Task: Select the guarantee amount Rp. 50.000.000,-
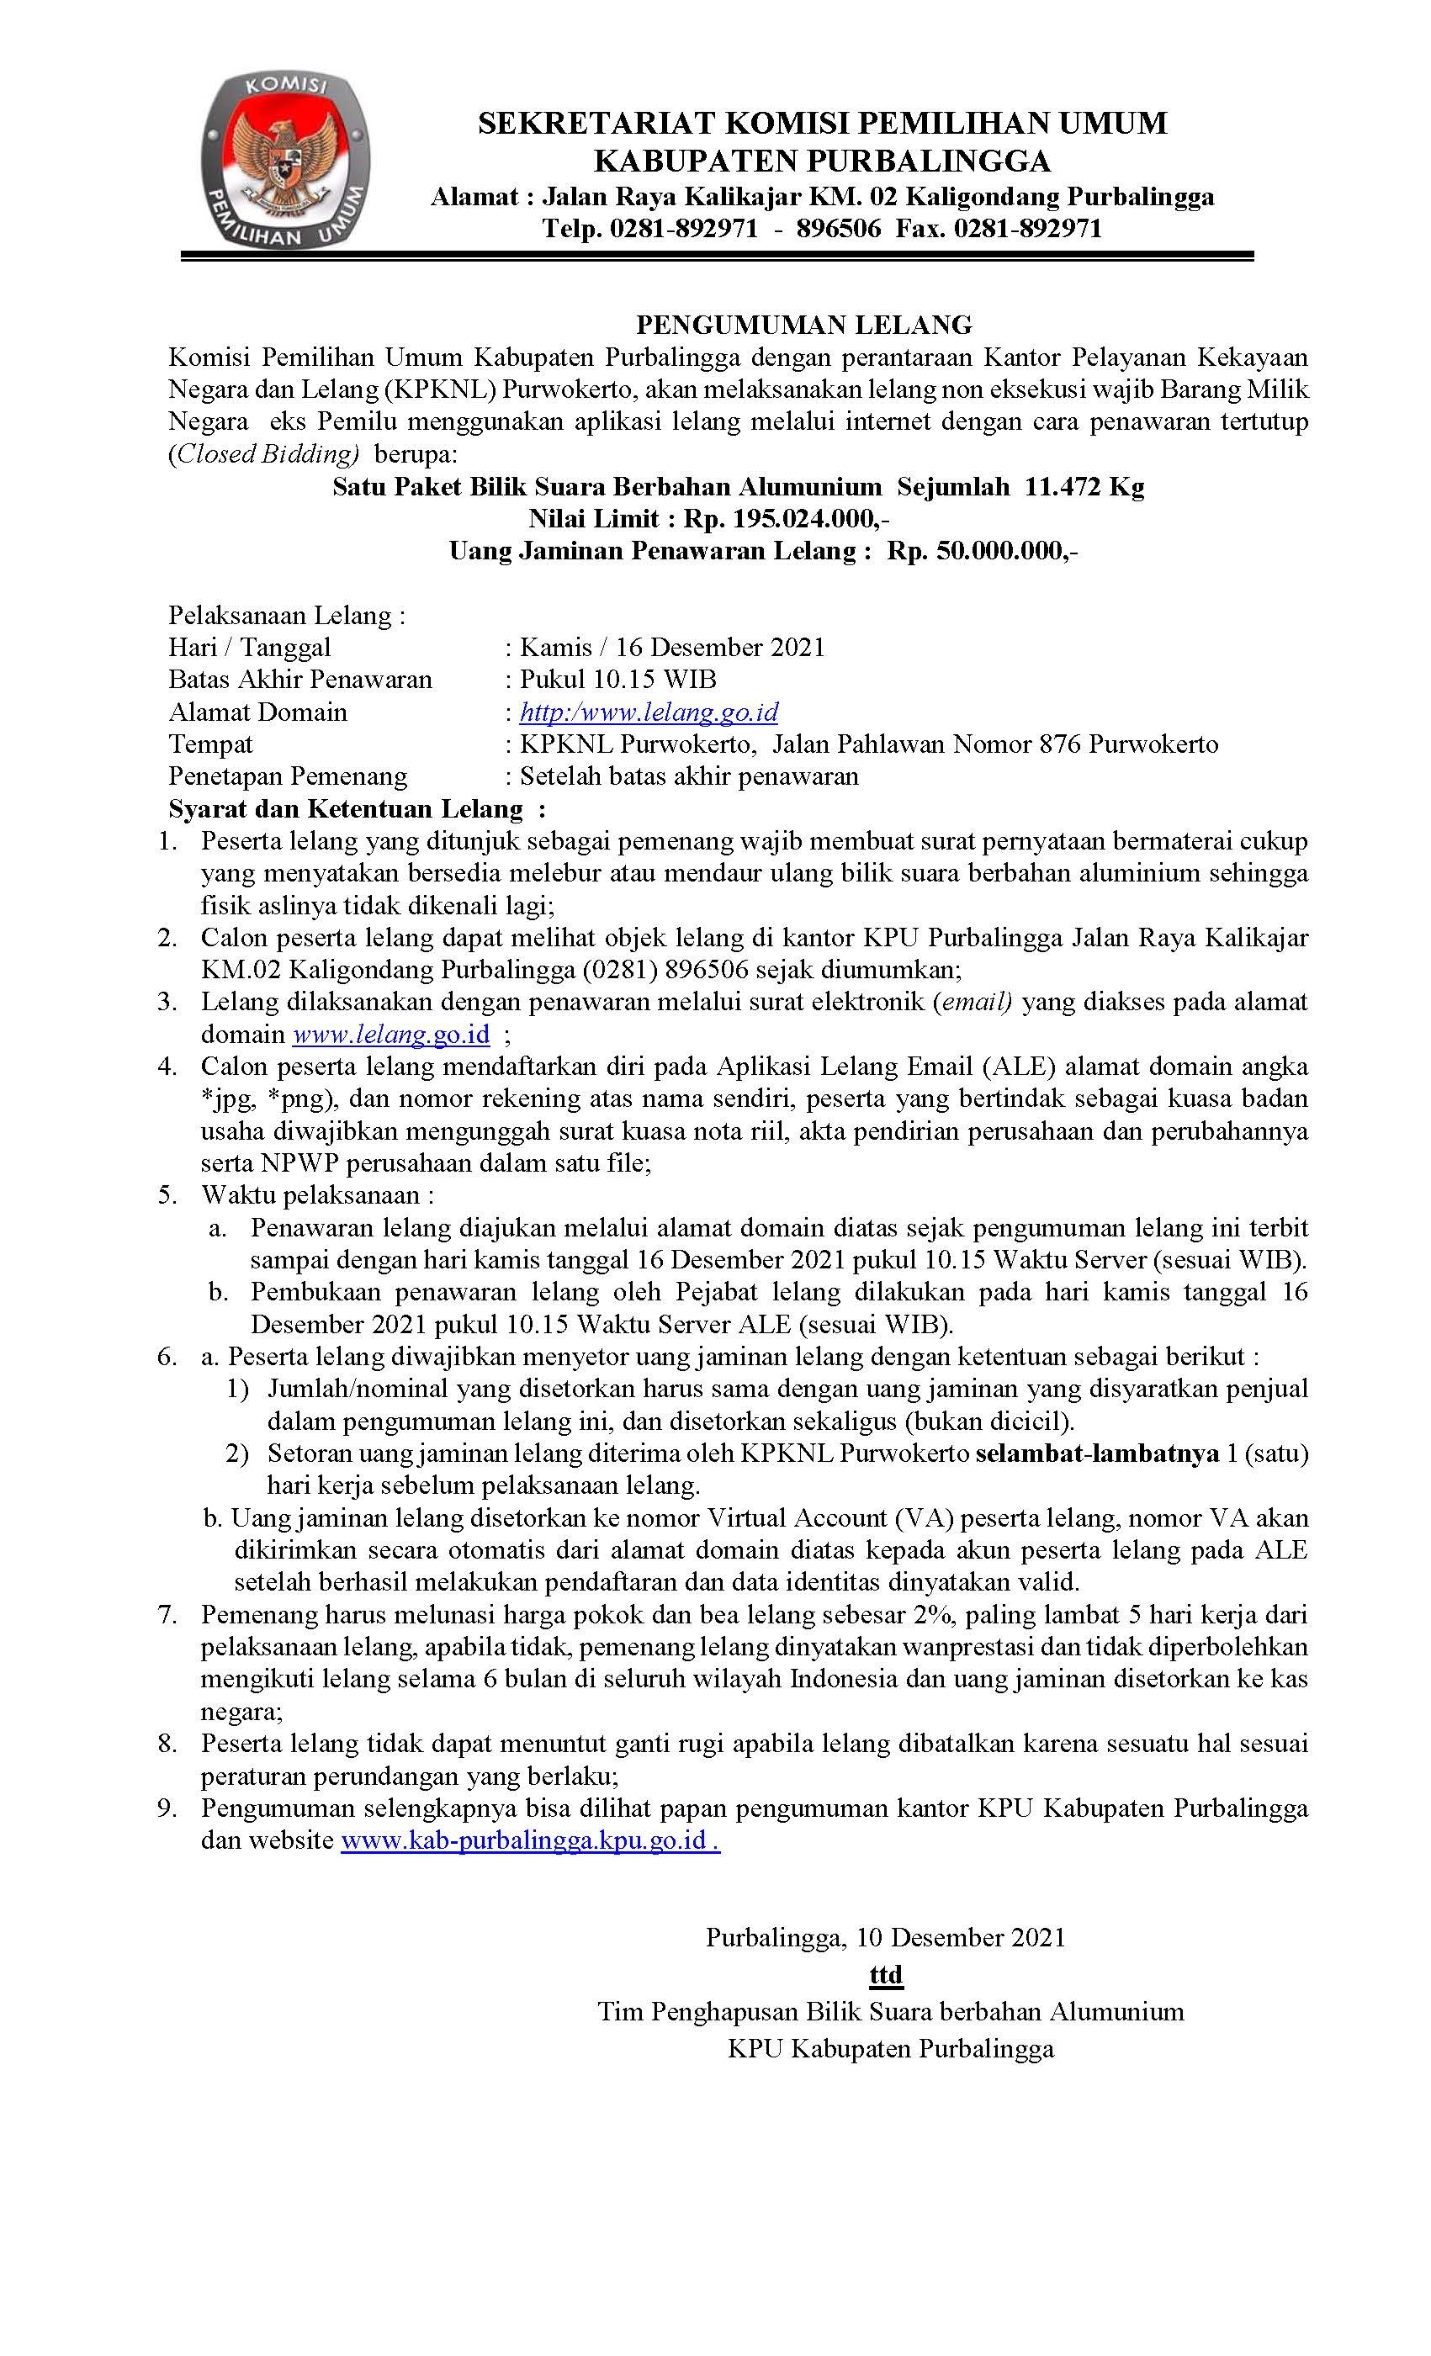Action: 983,551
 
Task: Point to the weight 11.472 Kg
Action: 1084,487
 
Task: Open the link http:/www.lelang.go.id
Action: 649,712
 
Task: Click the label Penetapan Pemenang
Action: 288,776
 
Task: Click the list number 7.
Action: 168,1615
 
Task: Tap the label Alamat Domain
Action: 258,712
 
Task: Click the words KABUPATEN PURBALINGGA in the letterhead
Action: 822,160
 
